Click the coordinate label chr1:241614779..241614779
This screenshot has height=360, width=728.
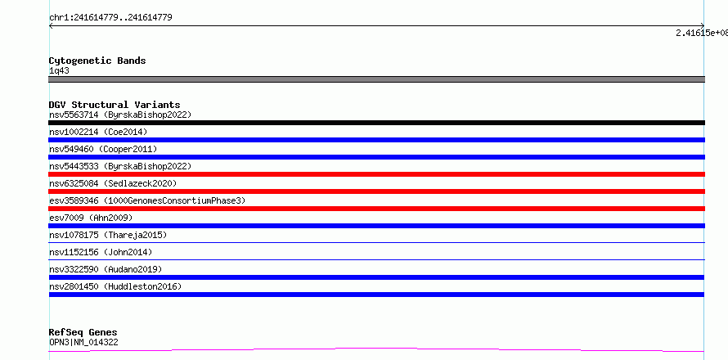click(x=110, y=18)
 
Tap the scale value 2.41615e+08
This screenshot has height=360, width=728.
click(x=702, y=33)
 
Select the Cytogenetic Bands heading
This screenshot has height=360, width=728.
click(x=97, y=61)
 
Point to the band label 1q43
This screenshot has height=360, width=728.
click(x=60, y=70)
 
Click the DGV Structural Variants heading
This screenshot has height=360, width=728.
click(x=115, y=105)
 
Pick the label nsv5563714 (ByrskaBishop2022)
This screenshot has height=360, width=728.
click(x=120, y=115)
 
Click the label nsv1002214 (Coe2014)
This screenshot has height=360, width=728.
click(x=98, y=132)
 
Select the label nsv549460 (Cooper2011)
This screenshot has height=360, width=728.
click(x=103, y=149)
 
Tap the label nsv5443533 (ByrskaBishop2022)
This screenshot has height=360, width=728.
click(x=120, y=166)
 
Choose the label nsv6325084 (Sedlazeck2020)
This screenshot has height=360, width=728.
click(x=113, y=183)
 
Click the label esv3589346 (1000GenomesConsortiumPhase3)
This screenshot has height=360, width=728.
click(x=147, y=200)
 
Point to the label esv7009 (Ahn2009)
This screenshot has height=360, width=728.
click(x=91, y=218)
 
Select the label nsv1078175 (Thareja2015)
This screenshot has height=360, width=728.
click(x=108, y=235)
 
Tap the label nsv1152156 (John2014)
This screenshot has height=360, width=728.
click(x=101, y=252)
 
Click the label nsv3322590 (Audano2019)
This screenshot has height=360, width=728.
click(x=106, y=269)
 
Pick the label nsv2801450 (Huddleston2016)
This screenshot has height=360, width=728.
click(x=115, y=286)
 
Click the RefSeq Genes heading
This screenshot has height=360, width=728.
click(x=83, y=333)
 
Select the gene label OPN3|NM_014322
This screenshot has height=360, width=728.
click(x=83, y=342)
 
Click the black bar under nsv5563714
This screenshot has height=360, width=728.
click(x=376, y=123)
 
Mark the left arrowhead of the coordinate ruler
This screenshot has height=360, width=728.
click(x=50, y=26)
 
